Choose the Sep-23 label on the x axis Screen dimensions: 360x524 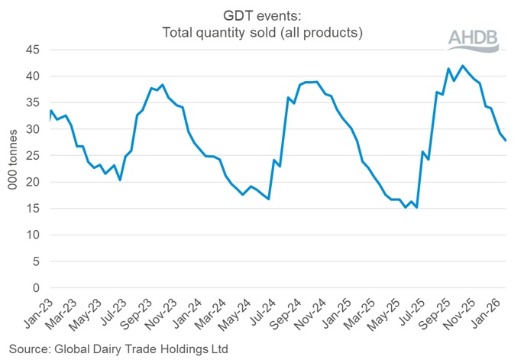click(137, 313)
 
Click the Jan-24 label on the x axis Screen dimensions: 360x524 click(187, 313)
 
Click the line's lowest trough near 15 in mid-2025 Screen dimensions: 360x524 click(416, 207)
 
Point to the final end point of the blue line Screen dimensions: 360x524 click(506, 141)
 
